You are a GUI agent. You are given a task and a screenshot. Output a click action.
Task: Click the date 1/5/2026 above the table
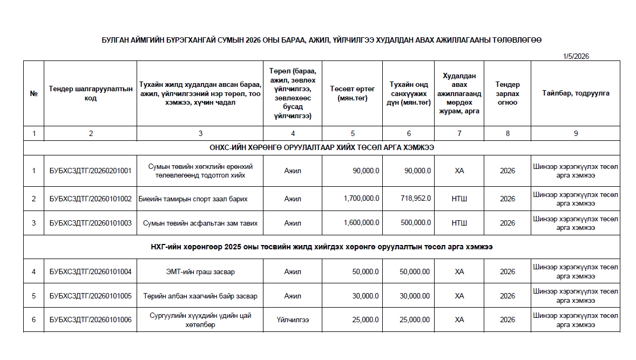click(x=576, y=56)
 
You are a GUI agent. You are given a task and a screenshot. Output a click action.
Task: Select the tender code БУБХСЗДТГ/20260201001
click(x=91, y=171)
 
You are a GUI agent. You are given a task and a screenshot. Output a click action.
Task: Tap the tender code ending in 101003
click(x=91, y=223)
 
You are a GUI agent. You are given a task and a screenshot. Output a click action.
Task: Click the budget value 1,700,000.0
click(x=361, y=199)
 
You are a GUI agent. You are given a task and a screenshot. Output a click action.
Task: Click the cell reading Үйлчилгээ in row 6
click(x=293, y=320)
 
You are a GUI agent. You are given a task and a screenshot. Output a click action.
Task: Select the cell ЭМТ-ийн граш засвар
click(x=200, y=271)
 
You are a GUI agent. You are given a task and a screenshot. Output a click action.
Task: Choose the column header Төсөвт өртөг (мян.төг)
click(x=353, y=93)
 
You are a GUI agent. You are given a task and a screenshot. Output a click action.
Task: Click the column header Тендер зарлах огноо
click(x=508, y=93)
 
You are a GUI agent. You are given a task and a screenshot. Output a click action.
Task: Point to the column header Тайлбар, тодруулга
click(x=576, y=93)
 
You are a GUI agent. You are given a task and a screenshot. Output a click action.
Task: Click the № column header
click(x=33, y=93)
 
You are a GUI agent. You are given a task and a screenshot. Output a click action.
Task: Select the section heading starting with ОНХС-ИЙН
click(x=322, y=147)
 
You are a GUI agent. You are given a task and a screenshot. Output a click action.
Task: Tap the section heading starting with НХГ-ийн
click(x=322, y=247)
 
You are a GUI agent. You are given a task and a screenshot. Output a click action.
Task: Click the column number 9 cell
click(x=576, y=133)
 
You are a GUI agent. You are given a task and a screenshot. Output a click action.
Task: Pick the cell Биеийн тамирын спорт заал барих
click(x=193, y=199)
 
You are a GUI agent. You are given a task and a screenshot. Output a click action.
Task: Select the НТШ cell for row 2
click(x=459, y=199)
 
